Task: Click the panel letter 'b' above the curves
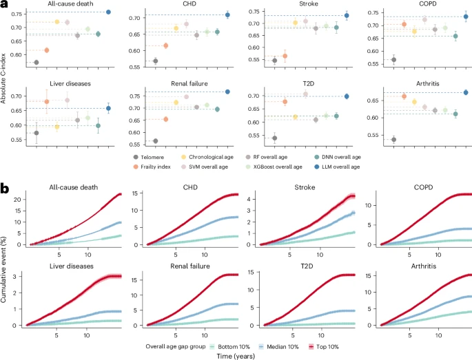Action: pos(5,187)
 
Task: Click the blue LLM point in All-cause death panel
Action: pos(108,12)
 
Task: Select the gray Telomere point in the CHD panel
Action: pos(155,61)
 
